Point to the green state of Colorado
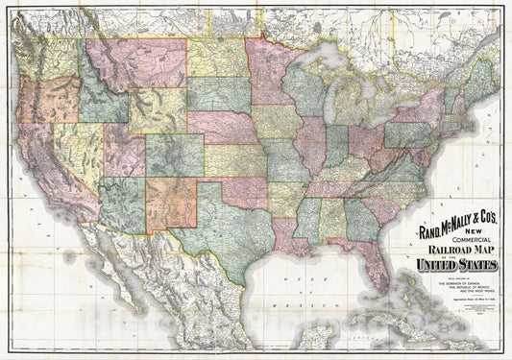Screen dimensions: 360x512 174,154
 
